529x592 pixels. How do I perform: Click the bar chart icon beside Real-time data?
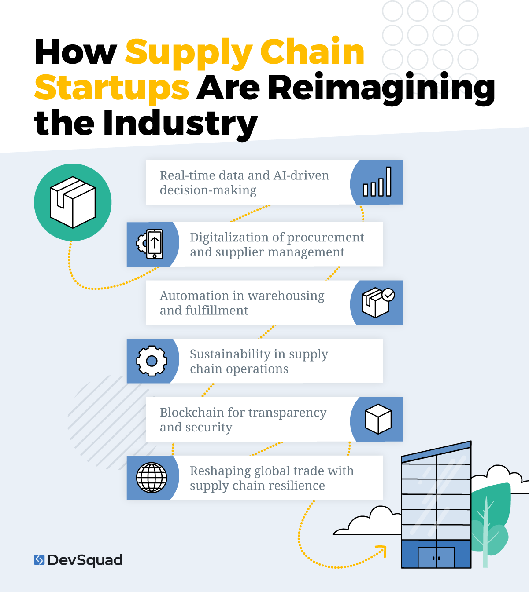pos(377,182)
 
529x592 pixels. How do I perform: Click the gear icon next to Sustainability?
pos(152,361)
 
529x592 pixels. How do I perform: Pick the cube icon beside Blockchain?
pos(378,419)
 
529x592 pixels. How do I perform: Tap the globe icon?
pos(152,478)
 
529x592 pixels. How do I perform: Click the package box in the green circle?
pos(73,202)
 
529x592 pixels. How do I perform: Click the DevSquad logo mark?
pos(39,560)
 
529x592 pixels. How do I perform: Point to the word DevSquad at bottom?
pos(85,560)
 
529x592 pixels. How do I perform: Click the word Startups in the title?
pos(112,88)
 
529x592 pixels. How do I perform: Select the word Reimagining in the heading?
pos(381,88)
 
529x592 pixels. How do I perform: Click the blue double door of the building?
pos(436,558)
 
